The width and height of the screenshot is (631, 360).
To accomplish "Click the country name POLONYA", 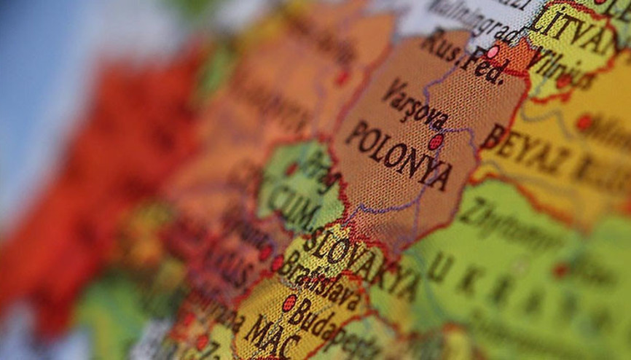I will click(398, 156).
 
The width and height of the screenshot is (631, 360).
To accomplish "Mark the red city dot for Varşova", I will click(436, 141).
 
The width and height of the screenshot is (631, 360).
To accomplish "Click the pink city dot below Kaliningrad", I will click(493, 52).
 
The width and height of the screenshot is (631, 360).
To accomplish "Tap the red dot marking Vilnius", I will click(563, 81).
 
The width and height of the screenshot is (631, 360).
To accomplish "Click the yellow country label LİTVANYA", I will click(572, 28).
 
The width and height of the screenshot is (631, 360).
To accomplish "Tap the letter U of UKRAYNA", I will click(440, 268).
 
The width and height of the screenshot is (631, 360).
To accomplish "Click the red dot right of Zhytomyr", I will click(560, 270).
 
